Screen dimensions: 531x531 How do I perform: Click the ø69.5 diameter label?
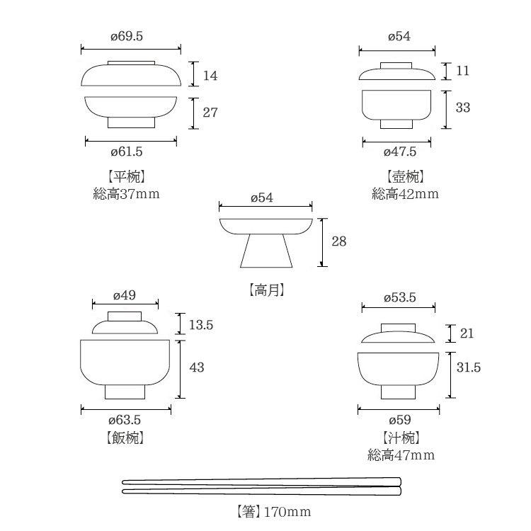(127, 36)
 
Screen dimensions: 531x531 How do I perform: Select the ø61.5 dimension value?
(127, 152)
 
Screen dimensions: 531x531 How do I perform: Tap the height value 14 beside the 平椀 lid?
(210, 76)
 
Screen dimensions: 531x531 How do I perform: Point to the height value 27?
(210, 113)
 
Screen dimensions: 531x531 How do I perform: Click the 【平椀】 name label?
(127, 176)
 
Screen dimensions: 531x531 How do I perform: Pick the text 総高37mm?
(127, 194)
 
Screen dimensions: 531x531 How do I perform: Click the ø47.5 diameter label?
(400, 152)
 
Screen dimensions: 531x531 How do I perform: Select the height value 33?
(463, 108)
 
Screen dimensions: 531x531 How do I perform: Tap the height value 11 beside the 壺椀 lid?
(462, 71)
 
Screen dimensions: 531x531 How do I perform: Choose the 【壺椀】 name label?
(406, 176)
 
